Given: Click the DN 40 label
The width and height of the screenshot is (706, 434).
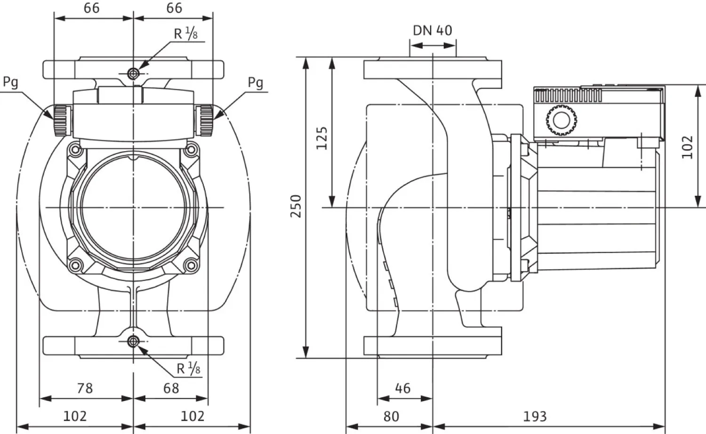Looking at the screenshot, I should point(432,31).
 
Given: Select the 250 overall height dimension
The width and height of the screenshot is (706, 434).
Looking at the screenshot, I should point(296,206).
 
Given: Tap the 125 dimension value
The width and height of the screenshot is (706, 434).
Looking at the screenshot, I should point(322,137).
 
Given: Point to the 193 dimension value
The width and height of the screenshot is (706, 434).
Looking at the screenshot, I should point(535,416).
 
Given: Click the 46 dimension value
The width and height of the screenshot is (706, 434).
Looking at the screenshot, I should point(402,388).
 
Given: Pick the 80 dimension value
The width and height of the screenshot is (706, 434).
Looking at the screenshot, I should point(391,416).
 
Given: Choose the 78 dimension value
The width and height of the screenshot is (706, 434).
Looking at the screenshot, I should point(85,388).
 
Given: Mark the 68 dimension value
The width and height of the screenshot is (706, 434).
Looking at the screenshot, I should point(171,388).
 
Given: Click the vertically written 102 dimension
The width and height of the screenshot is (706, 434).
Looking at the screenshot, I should point(688,147).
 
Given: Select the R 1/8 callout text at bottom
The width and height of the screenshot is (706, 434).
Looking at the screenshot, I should point(188,369).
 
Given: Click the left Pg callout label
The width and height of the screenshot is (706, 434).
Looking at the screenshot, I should point(10,82).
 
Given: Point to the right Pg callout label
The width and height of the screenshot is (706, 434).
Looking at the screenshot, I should point(255,83).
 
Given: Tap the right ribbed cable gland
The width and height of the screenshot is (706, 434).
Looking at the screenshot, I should point(206,121).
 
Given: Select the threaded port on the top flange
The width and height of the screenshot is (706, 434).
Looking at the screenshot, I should point(134,73).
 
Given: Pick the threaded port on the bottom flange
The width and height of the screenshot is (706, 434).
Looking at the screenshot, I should point(134,341).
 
